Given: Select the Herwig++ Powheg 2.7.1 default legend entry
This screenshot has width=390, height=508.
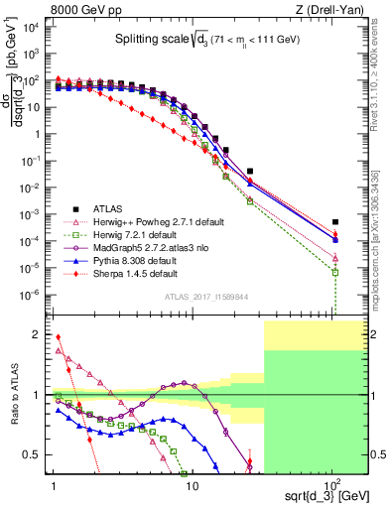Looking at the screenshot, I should pos(149,223).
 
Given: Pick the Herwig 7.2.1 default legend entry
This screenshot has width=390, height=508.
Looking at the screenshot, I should pos(129,236).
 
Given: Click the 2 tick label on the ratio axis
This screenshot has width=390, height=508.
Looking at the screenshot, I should pos(41,334).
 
